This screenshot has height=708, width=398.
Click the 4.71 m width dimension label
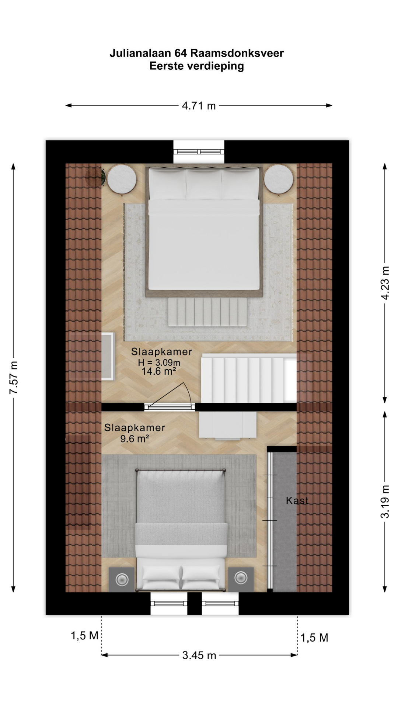[199, 106]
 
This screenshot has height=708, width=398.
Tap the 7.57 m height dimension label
[14, 378]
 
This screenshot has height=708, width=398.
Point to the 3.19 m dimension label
[385, 502]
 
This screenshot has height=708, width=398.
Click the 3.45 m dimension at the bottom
[199, 655]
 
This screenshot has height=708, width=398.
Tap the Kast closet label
[297, 500]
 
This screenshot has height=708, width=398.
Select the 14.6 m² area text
[159, 371]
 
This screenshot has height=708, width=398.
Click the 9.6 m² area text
[135, 438]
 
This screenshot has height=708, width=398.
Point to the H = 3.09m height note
[159, 362]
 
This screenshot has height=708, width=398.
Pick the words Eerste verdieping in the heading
[197, 66]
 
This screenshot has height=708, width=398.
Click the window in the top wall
[199, 152]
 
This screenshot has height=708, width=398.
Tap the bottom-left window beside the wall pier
[169, 603]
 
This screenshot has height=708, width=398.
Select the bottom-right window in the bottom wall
[220, 603]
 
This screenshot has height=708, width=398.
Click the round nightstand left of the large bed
[122, 179]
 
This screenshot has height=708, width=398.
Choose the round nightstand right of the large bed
[279, 179]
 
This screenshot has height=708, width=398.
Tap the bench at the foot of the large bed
[207, 312]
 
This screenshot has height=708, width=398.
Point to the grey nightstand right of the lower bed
[241, 579]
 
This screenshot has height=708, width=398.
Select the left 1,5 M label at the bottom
[85, 635]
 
